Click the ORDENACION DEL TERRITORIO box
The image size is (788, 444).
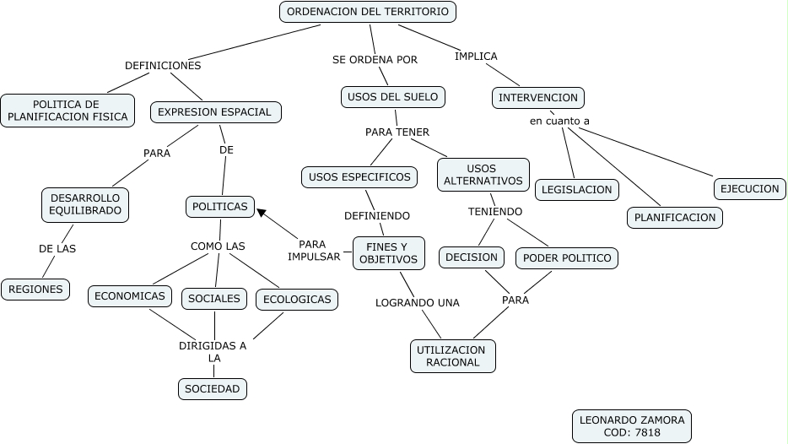pyautogui.click(x=368, y=12)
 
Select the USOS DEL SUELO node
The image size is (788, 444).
pyautogui.click(x=392, y=97)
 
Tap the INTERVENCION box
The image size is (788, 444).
pyautogui.click(x=538, y=98)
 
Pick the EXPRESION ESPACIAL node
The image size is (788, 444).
pyautogui.click(x=215, y=111)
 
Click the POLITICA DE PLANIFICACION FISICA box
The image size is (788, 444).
pyautogui.click(x=67, y=111)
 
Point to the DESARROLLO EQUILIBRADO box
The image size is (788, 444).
pyautogui.click(x=85, y=204)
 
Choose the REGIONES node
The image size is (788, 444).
pyautogui.click(x=36, y=290)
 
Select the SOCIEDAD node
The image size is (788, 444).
pyautogui.click(x=213, y=389)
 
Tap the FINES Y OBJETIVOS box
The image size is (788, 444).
pyautogui.click(x=388, y=252)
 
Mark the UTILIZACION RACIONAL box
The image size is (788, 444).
pyautogui.click(x=453, y=356)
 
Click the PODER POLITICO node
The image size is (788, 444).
pyautogui.click(x=567, y=257)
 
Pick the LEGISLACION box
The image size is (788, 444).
pyautogui.click(x=577, y=190)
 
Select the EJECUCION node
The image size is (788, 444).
pyautogui.click(x=749, y=188)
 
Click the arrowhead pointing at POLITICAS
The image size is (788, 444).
pyautogui.click(x=262, y=212)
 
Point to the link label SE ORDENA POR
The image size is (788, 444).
pyautogui.click(x=375, y=59)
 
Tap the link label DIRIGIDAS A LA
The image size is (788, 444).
pyautogui.click(x=213, y=351)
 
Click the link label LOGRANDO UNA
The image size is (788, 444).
pyautogui.click(x=418, y=302)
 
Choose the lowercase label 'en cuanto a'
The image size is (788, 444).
pyautogui.click(x=559, y=121)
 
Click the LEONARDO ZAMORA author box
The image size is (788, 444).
pyautogui.click(x=631, y=426)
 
